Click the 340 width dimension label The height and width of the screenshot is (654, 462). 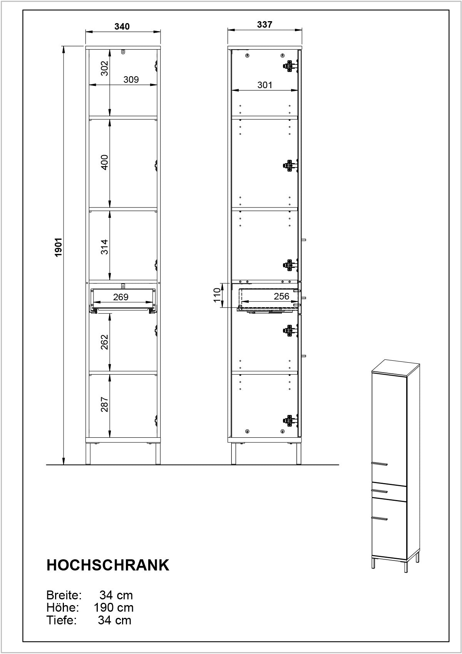tap(122, 27)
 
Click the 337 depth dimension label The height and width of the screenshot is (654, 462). tap(264, 25)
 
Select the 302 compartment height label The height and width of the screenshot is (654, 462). tap(105, 68)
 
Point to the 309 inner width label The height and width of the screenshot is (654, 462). tap(131, 79)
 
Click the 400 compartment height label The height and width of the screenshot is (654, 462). tap(105, 162)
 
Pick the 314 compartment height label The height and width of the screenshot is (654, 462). tap(105, 247)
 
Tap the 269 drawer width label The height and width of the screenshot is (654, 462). tap(121, 297)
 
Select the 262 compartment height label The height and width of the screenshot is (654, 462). tap(105, 342)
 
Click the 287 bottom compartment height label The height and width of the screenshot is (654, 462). tap(105, 404)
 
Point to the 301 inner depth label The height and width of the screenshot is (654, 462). tap(264, 85)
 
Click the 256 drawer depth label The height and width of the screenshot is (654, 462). tap(281, 296)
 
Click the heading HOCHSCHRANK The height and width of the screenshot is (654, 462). tap(108, 565)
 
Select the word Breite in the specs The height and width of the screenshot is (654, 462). tap(64, 595)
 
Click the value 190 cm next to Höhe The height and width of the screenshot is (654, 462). tap(113, 607)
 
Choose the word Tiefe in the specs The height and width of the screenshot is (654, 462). tap(62, 620)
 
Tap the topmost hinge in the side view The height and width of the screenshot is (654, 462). tap(290, 66)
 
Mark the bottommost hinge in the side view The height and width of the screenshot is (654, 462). tap(290, 420)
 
